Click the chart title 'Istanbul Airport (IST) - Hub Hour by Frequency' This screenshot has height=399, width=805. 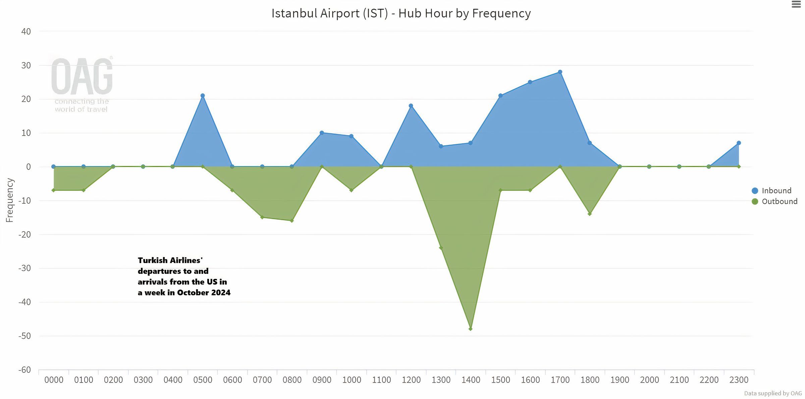click(x=401, y=13)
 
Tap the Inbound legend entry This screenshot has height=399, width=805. click(x=776, y=191)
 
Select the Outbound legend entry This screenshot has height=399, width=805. click(x=779, y=201)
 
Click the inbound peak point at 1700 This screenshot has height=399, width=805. click(x=560, y=72)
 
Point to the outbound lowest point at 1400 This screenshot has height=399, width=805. click(x=470, y=329)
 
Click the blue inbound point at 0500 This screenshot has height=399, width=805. click(x=203, y=96)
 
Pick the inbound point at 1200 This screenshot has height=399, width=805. click(x=411, y=106)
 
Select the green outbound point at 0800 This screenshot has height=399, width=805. click(x=292, y=221)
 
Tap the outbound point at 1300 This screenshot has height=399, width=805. click(x=441, y=248)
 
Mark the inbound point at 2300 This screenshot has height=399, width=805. click(x=739, y=143)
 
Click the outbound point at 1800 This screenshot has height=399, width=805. click(x=590, y=214)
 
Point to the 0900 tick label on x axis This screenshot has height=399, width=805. click(x=322, y=380)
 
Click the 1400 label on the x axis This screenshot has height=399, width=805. click(x=471, y=380)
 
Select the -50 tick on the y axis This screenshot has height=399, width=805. click(x=24, y=336)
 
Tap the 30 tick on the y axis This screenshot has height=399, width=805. click(x=26, y=65)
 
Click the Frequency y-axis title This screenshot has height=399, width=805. click(x=10, y=200)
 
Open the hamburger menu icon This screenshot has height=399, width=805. click(x=796, y=4)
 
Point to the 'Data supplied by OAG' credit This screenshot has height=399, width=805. click(x=773, y=393)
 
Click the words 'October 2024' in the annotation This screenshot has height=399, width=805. click(x=204, y=293)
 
